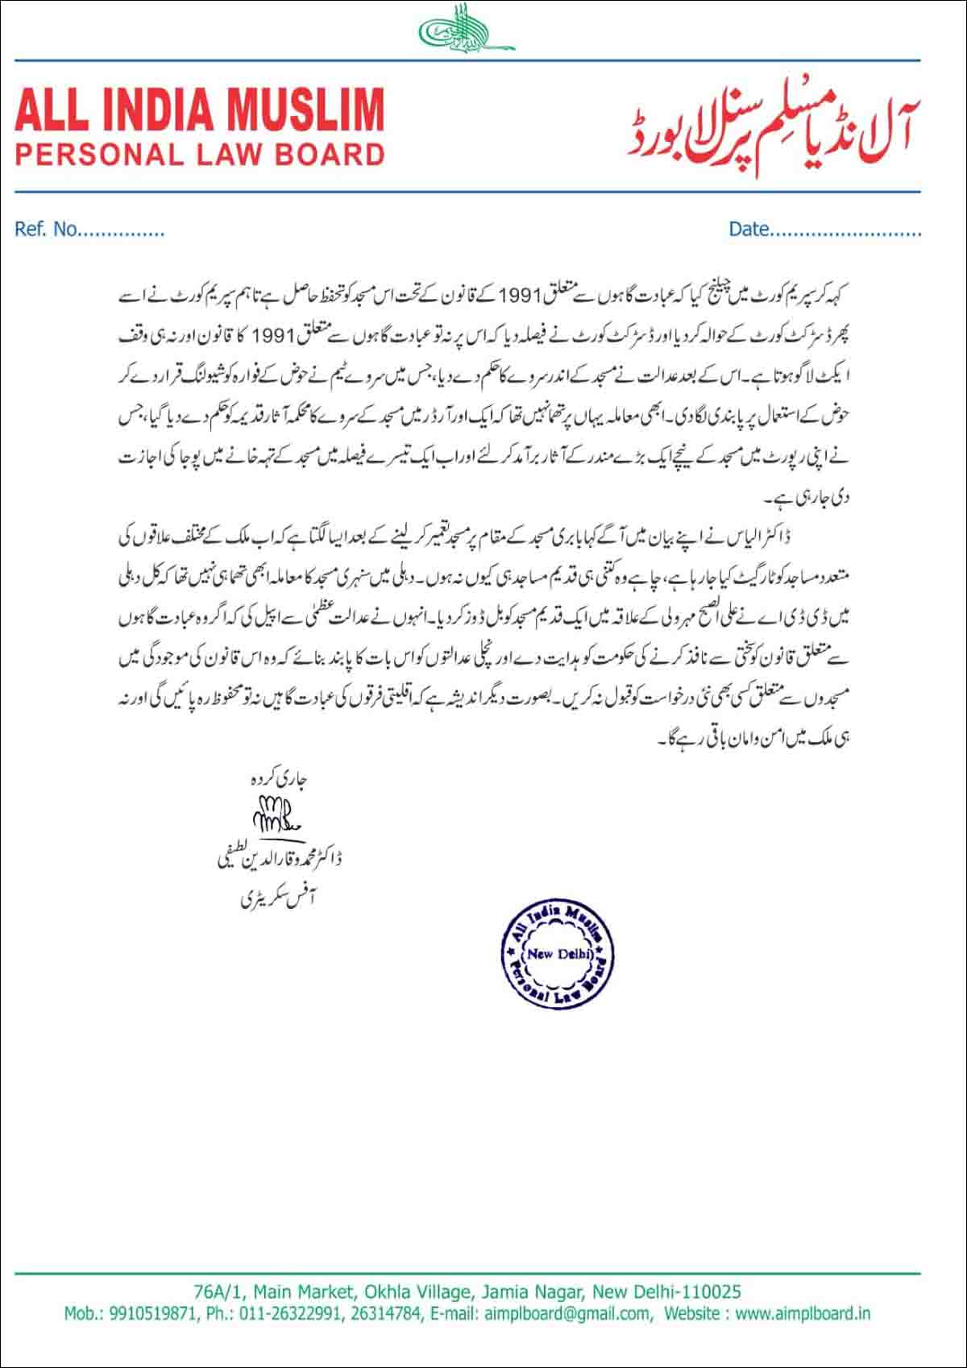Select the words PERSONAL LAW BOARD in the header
(x=200, y=154)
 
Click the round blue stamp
(x=557, y=954)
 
